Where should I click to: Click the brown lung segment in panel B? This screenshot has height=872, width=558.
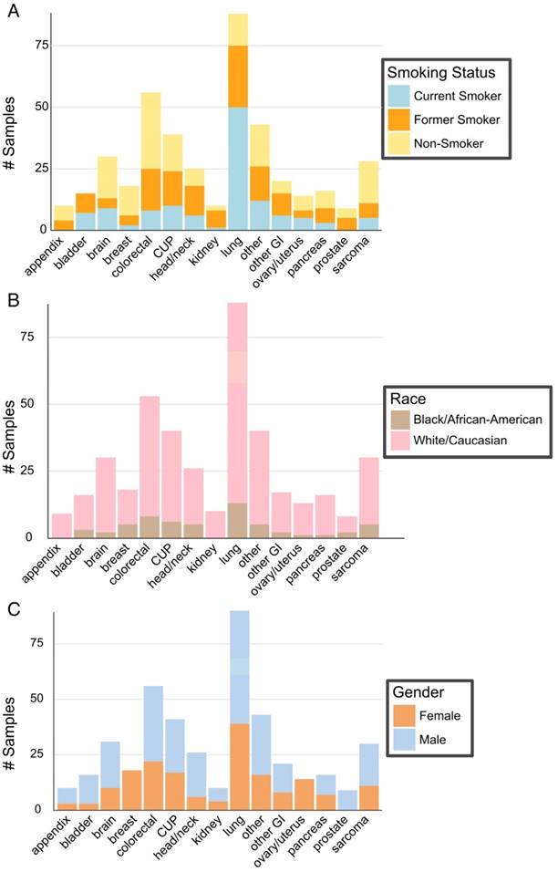point(238,520)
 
